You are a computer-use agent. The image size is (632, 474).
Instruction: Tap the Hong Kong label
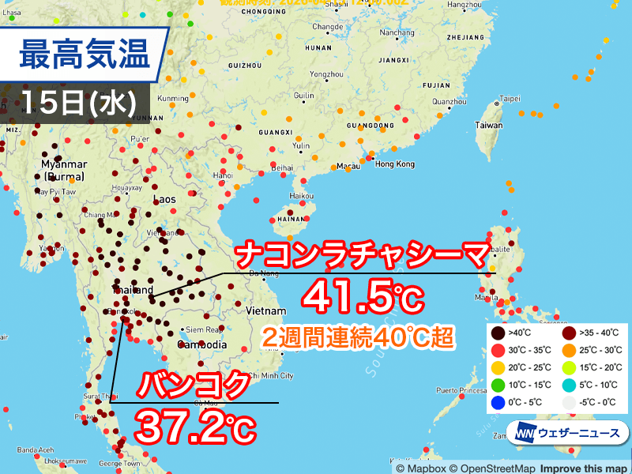pyautogui.click(x=394, y=164)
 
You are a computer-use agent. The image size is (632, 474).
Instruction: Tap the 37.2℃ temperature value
pyautogui.click(x=194, y=427)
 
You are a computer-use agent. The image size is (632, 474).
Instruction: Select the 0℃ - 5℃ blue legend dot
pyautogui.click(x=495, y=402)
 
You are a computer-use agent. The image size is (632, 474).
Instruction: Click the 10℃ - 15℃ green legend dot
pyautogui.click(x=495, y=385)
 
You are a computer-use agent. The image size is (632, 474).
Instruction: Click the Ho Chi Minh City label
pyautogui.click(x=269, y=375)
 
